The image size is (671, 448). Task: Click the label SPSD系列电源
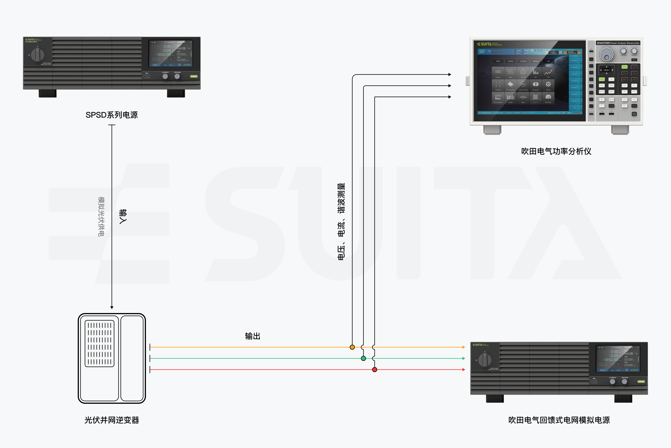click(x=111, y=115)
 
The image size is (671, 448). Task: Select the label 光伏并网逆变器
click(x=111, y=420)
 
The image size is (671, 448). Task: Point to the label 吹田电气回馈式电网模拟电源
click(x=559, y=420)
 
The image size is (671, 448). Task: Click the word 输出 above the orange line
click(x=253, y=336)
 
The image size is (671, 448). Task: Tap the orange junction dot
click(x=352, y=347)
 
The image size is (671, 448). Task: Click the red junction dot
click(x=375, y=370)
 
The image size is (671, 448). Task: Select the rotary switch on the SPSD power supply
click(x=37, y=55)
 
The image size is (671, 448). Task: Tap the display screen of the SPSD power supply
click(x=171, y=53)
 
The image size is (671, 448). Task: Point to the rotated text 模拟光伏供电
click(x=101, y=217)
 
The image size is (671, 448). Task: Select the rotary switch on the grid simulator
click(x=485, y=360)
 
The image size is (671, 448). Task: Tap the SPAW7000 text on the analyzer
click(x=603, y=43)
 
